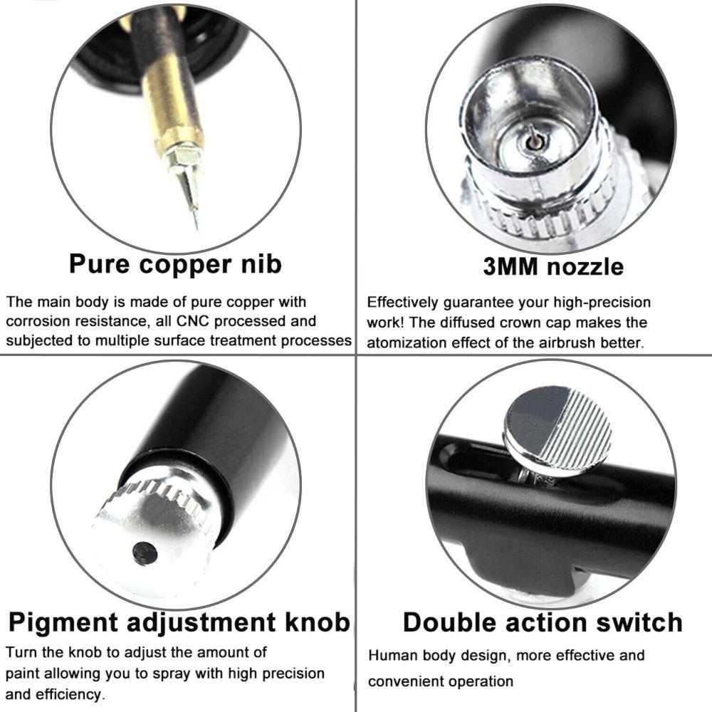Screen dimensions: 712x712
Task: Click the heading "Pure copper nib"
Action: coord(175,263)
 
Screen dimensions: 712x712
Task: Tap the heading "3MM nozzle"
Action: coord(553,266)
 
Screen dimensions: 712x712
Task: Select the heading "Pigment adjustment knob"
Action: coord(179,622)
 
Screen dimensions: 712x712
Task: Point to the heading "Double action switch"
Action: coord(543,622)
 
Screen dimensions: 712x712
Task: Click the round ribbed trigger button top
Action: coord(557,431)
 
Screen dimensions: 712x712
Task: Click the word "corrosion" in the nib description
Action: coord(43,321)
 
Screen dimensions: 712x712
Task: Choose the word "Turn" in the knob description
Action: coord(21,652)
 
